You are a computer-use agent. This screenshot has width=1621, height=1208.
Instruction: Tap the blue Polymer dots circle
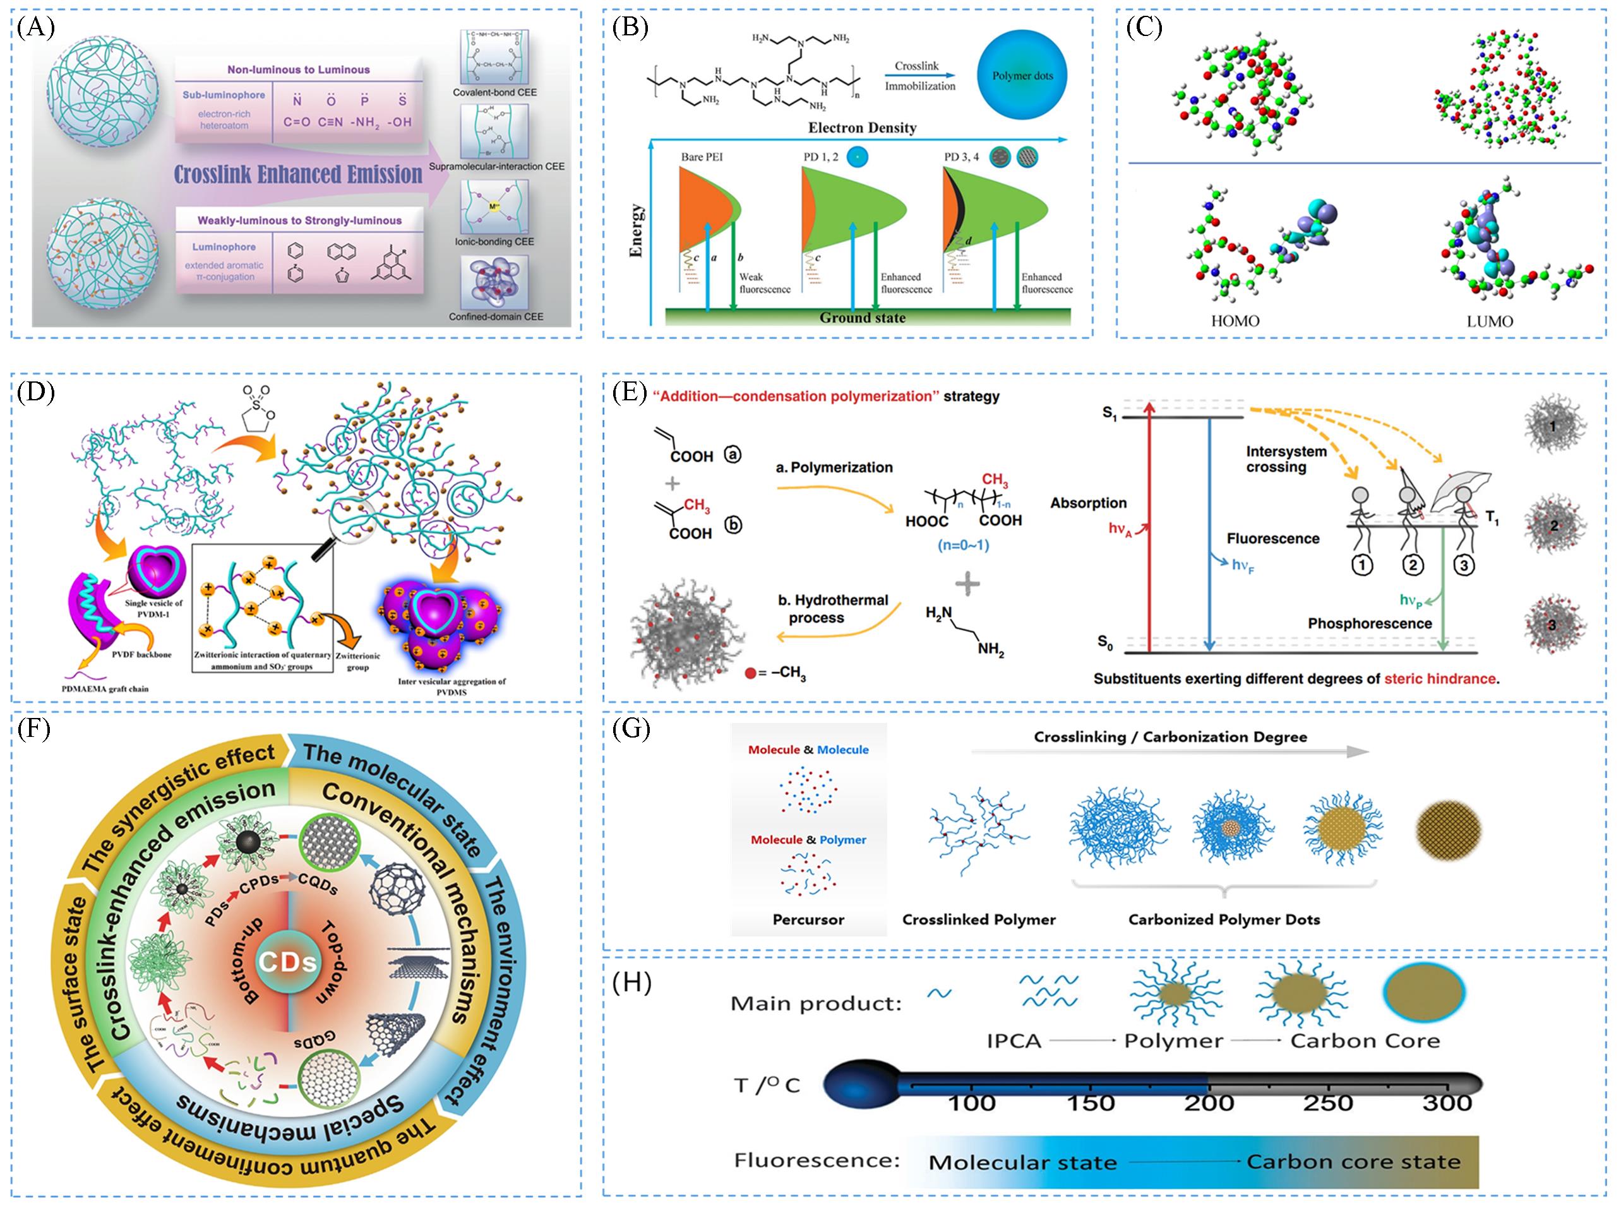1022,75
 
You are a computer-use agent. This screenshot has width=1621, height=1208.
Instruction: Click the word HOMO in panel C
1235,321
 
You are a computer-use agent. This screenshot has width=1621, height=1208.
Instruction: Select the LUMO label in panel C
1490,321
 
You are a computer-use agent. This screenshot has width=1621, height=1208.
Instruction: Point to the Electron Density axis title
861,128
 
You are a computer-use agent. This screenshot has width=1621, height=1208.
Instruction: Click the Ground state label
862,318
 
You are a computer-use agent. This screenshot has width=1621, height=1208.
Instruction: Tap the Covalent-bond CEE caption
494,93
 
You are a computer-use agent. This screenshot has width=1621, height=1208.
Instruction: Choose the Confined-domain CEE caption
496,316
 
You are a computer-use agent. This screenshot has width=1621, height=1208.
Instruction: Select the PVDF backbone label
142,654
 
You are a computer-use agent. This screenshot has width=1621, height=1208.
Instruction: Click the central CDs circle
288,962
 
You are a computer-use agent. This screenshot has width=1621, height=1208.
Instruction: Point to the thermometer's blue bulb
859,1085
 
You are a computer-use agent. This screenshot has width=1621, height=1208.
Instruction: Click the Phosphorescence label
1370,623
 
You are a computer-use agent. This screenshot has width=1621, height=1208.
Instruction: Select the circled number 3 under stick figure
1462,565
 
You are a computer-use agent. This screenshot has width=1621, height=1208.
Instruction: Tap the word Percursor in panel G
808,920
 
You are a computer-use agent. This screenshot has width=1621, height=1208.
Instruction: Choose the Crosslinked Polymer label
978,920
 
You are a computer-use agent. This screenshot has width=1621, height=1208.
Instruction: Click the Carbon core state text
1353,1162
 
